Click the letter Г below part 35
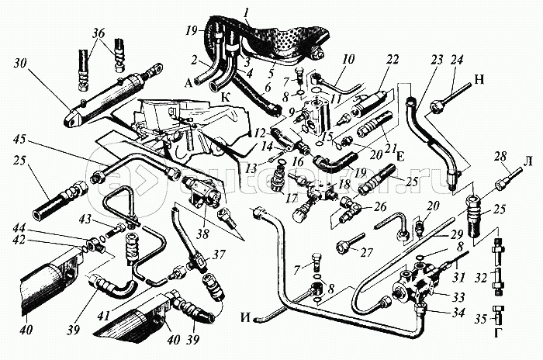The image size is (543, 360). tap(500, 333)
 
